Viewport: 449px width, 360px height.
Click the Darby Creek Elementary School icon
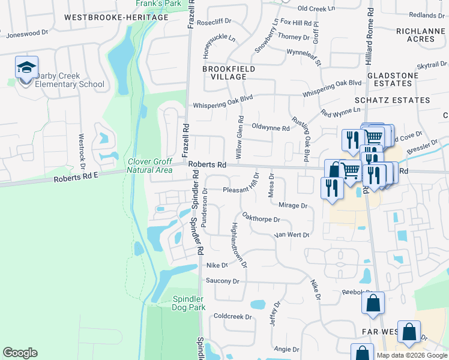pos(26,68)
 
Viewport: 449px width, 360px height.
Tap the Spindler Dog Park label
pos(189,303)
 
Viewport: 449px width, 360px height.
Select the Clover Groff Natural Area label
pos(150,166)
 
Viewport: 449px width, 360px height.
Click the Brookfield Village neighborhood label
pos(224,73)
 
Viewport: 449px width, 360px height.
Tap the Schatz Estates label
pos(401,100)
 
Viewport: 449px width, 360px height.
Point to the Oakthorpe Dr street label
pos(261,217)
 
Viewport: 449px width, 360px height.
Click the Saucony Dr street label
pos(223,281)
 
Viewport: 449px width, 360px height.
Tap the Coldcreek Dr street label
pos(231,316)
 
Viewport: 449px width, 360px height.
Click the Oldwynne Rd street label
pos(271,128)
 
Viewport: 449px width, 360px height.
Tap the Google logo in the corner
pos(20,352)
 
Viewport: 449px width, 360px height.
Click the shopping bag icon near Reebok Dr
pos(373,303)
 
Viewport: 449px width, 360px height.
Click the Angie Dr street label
pos(286,349)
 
